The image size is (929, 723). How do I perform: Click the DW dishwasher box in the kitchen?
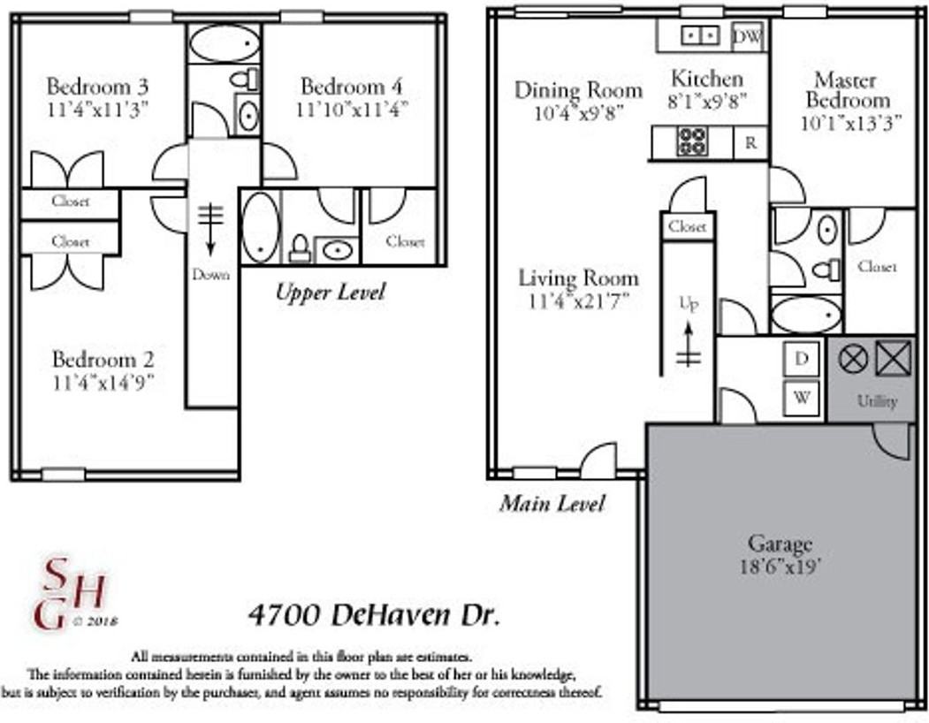(748, 36)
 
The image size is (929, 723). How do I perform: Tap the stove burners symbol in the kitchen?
(692, 142)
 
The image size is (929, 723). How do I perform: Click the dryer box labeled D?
(802, 358)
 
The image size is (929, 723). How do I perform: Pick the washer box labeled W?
(802, 397)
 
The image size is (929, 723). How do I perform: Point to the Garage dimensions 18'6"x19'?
(780, 565)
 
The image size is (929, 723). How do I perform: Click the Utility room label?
(876, 400)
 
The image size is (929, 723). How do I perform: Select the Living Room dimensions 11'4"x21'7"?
(577, 301)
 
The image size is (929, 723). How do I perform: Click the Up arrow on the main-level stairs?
(688, 340)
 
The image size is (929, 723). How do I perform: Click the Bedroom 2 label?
(103, 359)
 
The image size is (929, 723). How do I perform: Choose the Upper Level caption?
(330, 293)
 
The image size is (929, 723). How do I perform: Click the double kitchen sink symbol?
(699, 36)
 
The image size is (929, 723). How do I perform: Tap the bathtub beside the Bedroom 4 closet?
(260, 227)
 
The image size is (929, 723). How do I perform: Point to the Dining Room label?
(578, 90)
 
